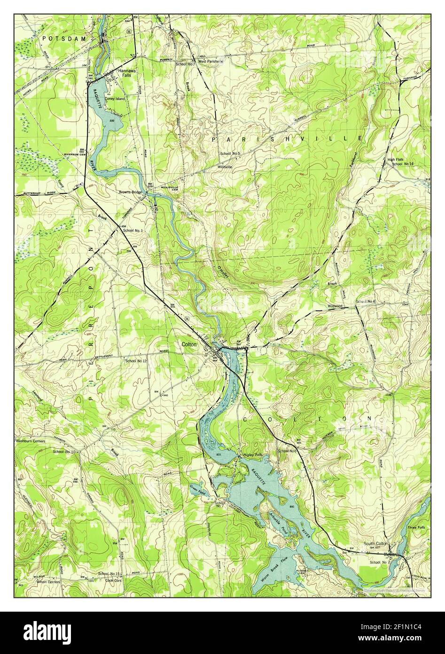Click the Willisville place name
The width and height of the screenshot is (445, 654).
pos(226,167)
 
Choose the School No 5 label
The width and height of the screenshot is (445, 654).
pos(230,154)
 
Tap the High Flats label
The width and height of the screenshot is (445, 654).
pos(396,160)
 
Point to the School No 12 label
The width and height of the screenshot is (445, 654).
pos(136,361)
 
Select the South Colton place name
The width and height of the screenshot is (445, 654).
pos(376,543)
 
